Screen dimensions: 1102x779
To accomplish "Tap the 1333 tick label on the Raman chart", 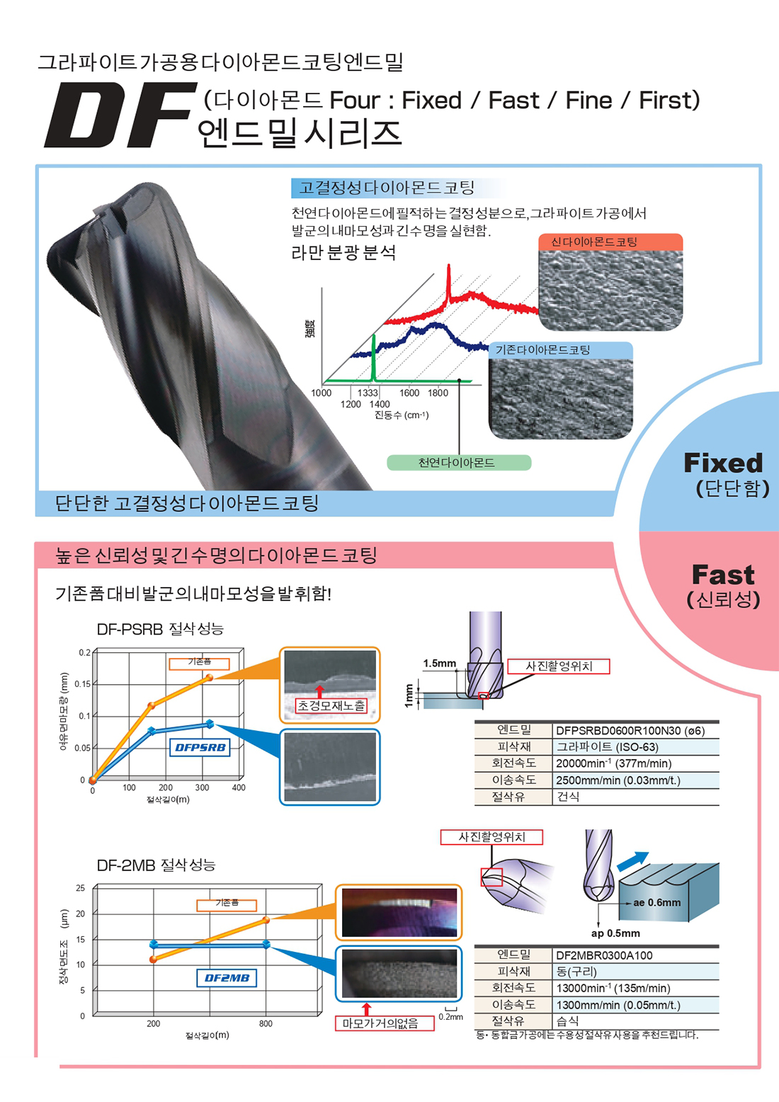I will pyautogui.click(x=368, y=392).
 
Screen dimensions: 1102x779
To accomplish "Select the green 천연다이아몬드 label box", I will pyautogui.click(x=458, y=463).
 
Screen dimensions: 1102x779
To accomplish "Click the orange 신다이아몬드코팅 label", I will pyautogui.click(x=595, y=242).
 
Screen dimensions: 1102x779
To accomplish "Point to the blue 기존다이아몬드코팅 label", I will pyautogui.click(x=543, y=350).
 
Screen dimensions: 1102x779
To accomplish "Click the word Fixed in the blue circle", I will pyautogui.click(x=723, y=463).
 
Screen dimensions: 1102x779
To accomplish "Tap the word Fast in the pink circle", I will pyautogui.click(x=723, y=574).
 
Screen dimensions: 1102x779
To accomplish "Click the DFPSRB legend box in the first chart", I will pyautogui.click(x=200, y=747).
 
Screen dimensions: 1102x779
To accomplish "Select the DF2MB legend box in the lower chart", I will pyautogui.click(x=227, y=978).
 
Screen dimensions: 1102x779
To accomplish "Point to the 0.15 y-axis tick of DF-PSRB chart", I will pyautogui.click(x=82, y=684).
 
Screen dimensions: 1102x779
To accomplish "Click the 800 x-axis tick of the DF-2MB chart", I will pyautogui.click(x=266, y=1024).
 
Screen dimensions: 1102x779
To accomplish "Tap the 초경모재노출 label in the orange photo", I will pyautogui.click(x=331, y=705).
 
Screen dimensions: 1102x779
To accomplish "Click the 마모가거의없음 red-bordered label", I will pyautogui.click(x=380, y=1023).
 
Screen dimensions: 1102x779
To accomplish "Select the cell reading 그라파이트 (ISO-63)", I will pyautogui.click(x=608, y=746).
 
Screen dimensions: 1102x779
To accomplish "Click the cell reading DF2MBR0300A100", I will pyautogui.click(x=604, y=955).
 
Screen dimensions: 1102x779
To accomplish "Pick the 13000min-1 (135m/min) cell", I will pyautogui.click(x=613, y=988).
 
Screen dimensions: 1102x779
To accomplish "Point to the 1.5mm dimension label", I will pyautogui.click(x=440, y=664).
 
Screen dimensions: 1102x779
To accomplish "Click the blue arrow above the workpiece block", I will pyautogui.click(x=632, y=861).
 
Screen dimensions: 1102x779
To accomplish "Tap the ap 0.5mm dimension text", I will pyautogui.click(x=615, y=933).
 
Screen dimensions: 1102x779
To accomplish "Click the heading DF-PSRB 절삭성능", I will pyautogui.click(x=160, y=629).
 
